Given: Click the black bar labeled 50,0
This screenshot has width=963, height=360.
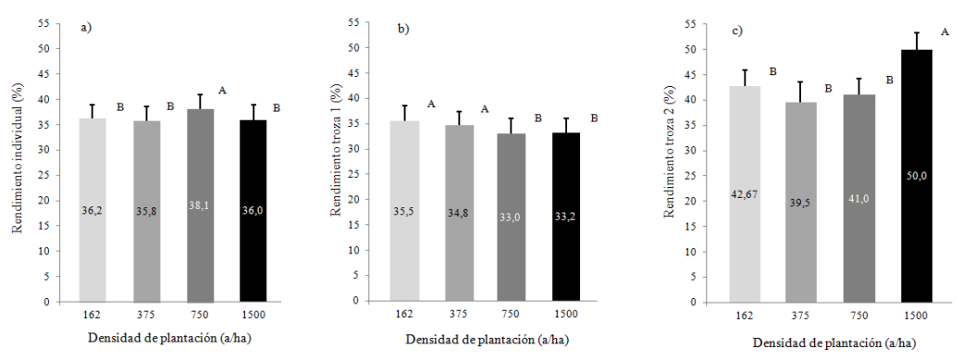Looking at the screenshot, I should (x=917, y=176).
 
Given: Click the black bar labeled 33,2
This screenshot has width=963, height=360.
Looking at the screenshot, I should (x=567, y=217).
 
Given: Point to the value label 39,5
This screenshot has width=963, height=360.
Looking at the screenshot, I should (x=801, y=227).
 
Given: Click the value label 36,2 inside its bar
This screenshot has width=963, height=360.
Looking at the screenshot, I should (x=92, y=210).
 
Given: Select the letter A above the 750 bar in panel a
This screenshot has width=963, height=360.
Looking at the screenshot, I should (x=222, y=91).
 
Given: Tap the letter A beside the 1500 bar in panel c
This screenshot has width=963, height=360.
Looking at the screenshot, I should (x=944, y=32).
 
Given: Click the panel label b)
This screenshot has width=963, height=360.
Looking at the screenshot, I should (x=403, y=30).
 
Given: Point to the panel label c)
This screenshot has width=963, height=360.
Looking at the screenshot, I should (x=737, y=31).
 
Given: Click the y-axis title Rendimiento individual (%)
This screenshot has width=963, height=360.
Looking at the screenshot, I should (x=17, y=162).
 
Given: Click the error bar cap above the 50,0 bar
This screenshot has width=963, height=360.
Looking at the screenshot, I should (x=917, y=32).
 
